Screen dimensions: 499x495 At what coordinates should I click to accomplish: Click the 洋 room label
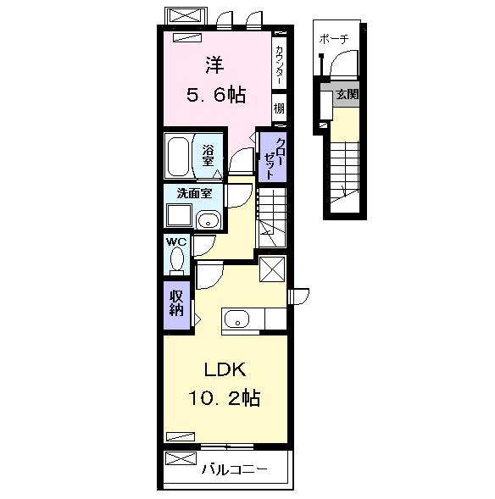click(x=213, y=64)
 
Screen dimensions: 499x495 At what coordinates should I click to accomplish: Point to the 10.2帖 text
click(x=224, y=397)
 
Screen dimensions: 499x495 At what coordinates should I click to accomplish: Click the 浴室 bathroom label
click(x=208, y=155)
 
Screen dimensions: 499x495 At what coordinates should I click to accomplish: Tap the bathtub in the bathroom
click(x=179, y=156)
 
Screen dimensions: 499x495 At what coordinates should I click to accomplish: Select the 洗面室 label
click(x=193, y=192)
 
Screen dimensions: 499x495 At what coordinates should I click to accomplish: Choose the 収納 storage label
click(x=176, y=302)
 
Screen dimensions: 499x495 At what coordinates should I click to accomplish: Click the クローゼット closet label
click(x=270, y=158)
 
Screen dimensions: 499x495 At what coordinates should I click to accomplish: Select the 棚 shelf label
click(x=279, y=108)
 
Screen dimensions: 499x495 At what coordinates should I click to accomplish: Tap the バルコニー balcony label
click(x=236, y=468)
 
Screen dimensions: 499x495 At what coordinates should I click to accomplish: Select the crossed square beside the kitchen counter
click(x=273, y=270)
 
